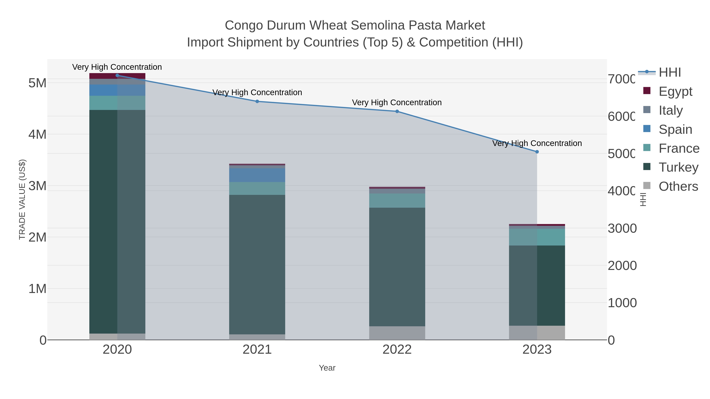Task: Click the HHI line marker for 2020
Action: tap(117, 75)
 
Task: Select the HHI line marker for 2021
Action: tap(257, 101)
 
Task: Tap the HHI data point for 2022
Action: tap(397, 111)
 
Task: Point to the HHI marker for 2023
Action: tap(537, 152)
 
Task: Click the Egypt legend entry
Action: tap(675, 91)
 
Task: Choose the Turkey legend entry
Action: tap(678, 167)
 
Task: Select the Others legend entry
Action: tap(678, 186)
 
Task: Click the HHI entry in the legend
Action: tap(670, 73)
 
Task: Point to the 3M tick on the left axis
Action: tap(37, 186)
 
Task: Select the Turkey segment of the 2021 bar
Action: tap(257, 264)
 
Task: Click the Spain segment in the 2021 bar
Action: tap(257, 175)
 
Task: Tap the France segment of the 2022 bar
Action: tap(397, 200)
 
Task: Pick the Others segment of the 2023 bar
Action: tap(537, 333)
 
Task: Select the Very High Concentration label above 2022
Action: tap(397, 102)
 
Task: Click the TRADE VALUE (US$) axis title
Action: tap(22, 199)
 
